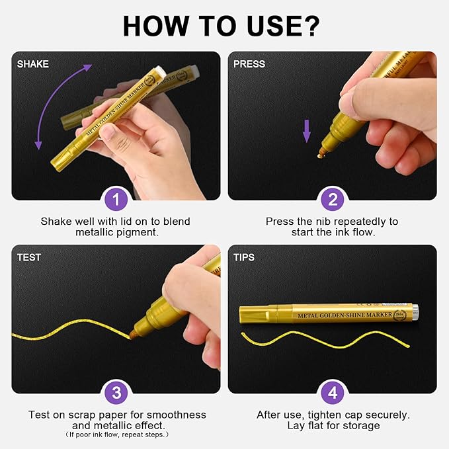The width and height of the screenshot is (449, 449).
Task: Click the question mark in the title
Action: [310, 26]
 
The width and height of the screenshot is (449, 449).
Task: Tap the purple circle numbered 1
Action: [116, 199]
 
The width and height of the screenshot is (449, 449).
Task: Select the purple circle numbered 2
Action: [333, 199]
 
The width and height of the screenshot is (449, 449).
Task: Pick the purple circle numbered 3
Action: [116, 393]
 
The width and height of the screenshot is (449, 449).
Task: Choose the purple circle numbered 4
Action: [333, 393]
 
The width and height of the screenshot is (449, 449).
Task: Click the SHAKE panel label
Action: [32, 64]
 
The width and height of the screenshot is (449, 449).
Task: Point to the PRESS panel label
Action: [249, 64]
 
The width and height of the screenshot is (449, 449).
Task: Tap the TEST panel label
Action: [29, 257]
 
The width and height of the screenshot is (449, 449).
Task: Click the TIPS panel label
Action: [244, 257]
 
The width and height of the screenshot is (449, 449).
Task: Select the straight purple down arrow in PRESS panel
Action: [307, 131]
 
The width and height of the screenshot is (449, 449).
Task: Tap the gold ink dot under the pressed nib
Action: [319, 156]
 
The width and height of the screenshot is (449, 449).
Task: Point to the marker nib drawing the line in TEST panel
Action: [134, 333]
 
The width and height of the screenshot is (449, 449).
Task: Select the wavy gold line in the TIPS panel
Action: [325, 339]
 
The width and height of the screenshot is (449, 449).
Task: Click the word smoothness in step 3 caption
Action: [177, 415]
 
